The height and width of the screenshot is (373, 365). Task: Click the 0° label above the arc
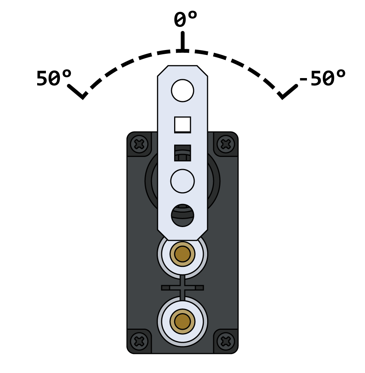tap(185, 20)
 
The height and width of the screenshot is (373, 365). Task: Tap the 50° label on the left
tap(53, 79)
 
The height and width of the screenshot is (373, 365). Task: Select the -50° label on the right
tap(322, 79)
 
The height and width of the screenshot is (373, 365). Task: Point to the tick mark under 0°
tap(182, 42)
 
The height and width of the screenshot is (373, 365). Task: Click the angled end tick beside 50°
tap(77, 92)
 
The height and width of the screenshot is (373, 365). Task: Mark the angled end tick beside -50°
tap(287, 92)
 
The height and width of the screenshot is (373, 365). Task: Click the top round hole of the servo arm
tap(182, 91)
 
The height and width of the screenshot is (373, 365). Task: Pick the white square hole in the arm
tap(182, 125)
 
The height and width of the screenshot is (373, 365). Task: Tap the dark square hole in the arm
tap(182, 153)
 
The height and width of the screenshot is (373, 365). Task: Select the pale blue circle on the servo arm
tap(182, 181)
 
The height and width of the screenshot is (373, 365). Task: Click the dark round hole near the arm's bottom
tap(182, 215)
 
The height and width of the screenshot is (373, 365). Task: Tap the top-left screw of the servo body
tap(139, 144)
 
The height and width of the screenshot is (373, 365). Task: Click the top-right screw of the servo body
tap(226, 144)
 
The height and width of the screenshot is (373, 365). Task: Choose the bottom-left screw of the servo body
tap(139, 341)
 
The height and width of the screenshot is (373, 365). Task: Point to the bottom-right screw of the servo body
tap(226, 341)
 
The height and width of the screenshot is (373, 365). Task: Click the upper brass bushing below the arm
tap(182, 254)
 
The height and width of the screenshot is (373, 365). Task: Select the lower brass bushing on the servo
tap(182, 321)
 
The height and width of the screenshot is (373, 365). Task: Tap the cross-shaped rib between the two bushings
tap(182, 288)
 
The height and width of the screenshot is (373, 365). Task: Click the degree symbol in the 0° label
tap(192, 15)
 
